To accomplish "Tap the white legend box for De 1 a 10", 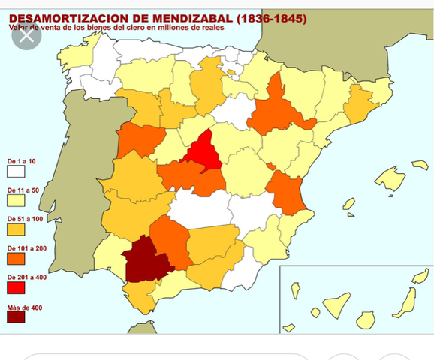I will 16,172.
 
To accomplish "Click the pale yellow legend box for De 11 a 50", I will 16,200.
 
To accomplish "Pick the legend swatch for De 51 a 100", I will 16,229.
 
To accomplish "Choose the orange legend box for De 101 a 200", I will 16,258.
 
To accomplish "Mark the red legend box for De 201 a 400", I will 16,287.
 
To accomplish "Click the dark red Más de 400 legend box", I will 16,316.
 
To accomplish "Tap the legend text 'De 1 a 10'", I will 21,161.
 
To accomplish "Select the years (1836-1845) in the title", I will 271,18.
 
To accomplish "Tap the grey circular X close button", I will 27,34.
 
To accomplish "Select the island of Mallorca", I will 390,178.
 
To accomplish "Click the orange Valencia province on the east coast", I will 284,192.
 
